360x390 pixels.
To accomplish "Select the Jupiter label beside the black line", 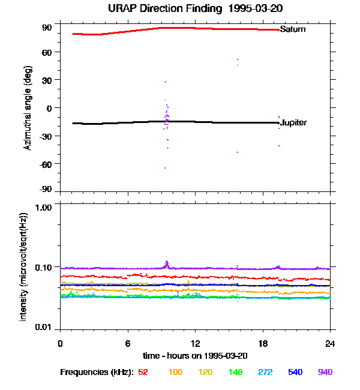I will tap(293, 123).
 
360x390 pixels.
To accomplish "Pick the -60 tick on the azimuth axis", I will tap(46, 163).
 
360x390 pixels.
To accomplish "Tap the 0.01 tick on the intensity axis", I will tap(44, 328).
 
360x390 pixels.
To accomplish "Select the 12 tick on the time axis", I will tap(195, 343).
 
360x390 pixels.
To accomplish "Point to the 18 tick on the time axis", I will tap(263, 343).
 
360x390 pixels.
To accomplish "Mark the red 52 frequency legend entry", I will tap(143, 373).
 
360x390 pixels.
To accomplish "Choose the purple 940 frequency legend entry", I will tap(325, 373).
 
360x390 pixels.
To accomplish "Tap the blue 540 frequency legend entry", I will tap(295, 373).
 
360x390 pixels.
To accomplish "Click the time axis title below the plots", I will tap(195, 356).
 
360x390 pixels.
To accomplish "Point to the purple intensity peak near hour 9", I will tap(167, 262).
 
